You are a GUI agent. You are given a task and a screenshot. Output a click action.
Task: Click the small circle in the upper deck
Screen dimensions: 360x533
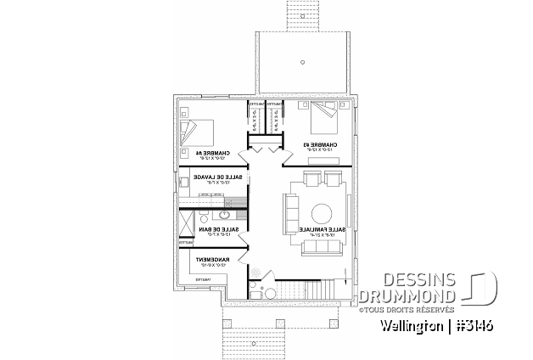301,62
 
